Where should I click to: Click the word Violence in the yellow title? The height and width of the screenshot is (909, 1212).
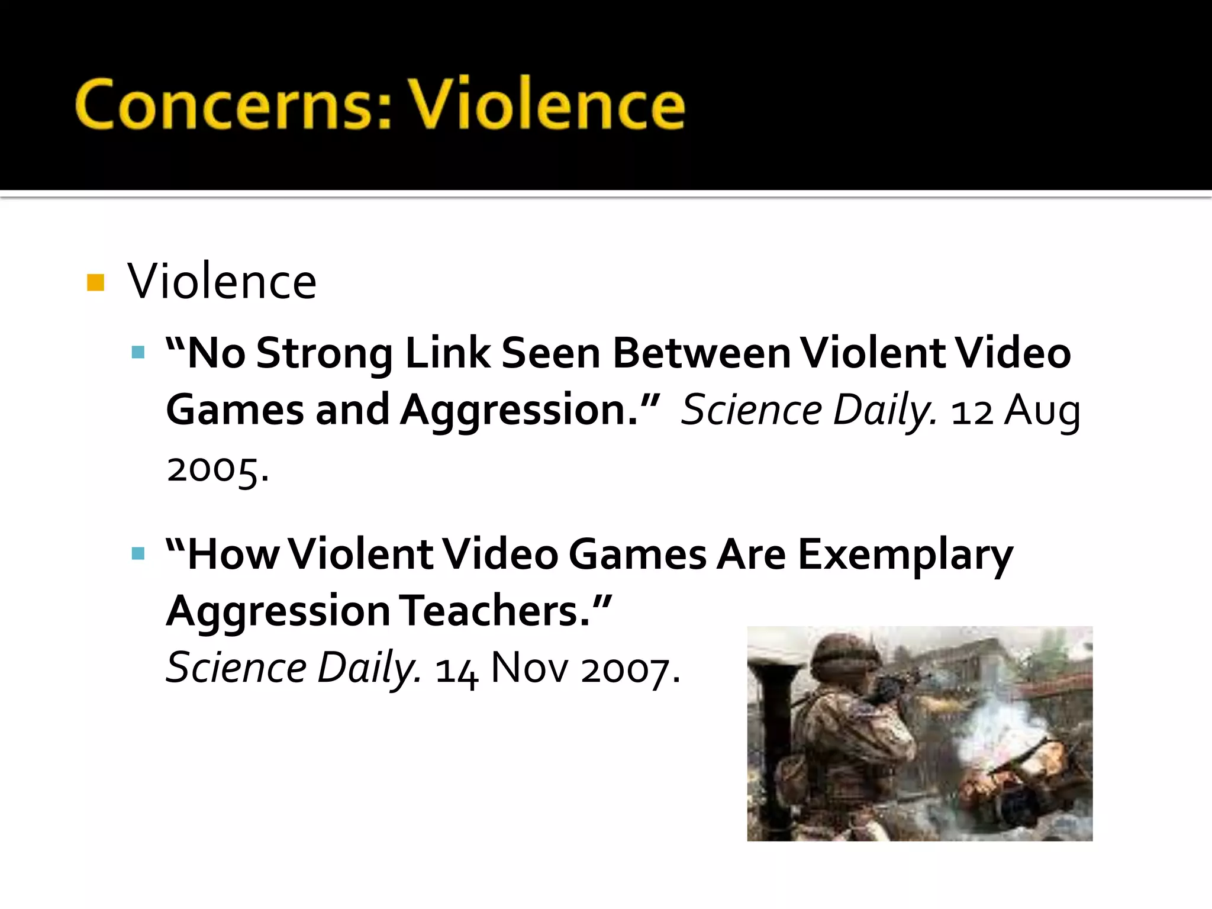pos(547,105)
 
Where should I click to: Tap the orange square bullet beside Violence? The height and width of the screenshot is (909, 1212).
pos(95,282)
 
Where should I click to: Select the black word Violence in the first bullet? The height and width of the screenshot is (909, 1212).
pos(222,281)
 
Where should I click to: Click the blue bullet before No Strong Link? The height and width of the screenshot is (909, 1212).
pos(138,353)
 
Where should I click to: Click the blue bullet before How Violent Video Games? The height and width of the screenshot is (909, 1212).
pos(138,554)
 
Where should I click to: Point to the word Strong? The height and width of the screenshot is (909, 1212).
pos(324,353)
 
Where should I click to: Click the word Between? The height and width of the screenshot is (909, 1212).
pos(701,353)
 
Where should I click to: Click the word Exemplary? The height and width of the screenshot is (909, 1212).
pos(905,555)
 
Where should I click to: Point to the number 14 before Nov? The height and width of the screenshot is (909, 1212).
pos(456,670)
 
